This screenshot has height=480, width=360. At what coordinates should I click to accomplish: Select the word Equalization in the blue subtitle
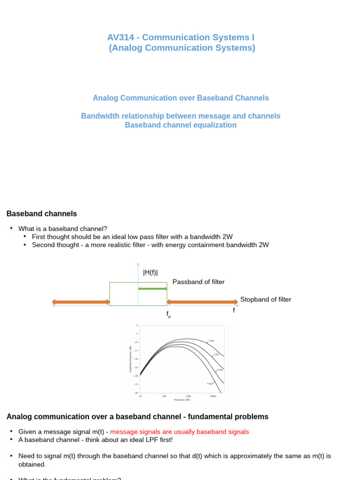pos(217,125)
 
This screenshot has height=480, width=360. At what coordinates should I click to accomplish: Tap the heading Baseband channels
pos(42,214)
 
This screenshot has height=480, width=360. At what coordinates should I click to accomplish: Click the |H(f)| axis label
pos(150,273)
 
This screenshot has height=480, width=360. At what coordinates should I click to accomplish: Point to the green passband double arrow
pos(153,288)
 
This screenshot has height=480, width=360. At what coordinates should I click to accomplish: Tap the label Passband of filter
pos(198,282)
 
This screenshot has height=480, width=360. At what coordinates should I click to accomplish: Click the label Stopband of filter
pos(265,300)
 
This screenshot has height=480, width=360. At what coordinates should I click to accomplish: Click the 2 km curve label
pos(211,340)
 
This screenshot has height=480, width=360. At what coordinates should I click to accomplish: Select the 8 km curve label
pos(210,383)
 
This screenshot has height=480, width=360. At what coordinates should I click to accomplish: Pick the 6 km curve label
pos(220,370)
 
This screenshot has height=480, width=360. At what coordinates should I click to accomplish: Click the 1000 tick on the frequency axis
pos(188,396)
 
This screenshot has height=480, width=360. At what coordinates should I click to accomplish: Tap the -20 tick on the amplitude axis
pos(136,359)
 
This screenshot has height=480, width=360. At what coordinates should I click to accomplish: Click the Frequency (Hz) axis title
pos(182,400)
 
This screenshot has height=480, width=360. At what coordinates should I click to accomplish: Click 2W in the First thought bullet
pos(227,237)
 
